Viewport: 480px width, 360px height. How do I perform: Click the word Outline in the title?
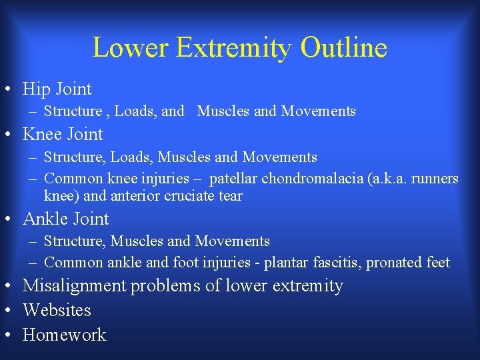point(344,48)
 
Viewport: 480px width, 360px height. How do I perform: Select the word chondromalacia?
point(311,179)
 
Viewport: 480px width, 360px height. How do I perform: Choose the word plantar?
point(287,263)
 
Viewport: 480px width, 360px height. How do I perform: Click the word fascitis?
point(338,263)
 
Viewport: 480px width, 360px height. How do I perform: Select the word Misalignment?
point(74,286)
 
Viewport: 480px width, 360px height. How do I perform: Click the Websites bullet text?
point(57,310)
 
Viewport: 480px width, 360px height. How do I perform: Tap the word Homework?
point(64,334)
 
